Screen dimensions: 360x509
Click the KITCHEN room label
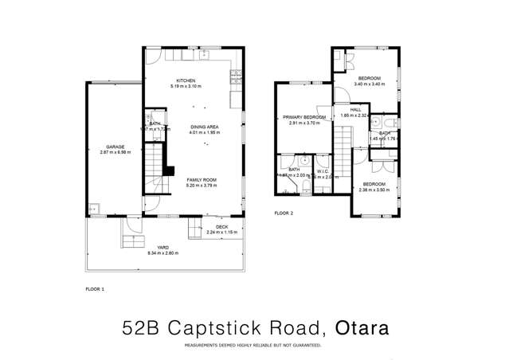pyautogui.click(x=186, y=80)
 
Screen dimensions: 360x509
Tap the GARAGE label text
pyautogui.click(x=115, y=147)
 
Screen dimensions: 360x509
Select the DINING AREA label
pyautogui.click(x=205, y=127)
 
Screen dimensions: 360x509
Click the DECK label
pyautogui.click(x=221, y=227)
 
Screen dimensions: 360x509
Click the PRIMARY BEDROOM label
pyautogui.click(x=303, y=117)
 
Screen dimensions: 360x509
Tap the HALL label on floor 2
pyautogui.click(x=355, y=110)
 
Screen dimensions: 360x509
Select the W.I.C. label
pyautogui.click(x=323, y=170)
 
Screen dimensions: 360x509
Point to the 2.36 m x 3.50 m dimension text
pyautogui.click(x=374, y=190)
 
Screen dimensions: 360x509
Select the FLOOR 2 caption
pyautogui.click(x=284, y=213)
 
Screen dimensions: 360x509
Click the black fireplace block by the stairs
pyautogui.click(x=168, y=170)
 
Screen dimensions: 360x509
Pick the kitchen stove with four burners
pyautogui.click(x=235, y=76)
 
